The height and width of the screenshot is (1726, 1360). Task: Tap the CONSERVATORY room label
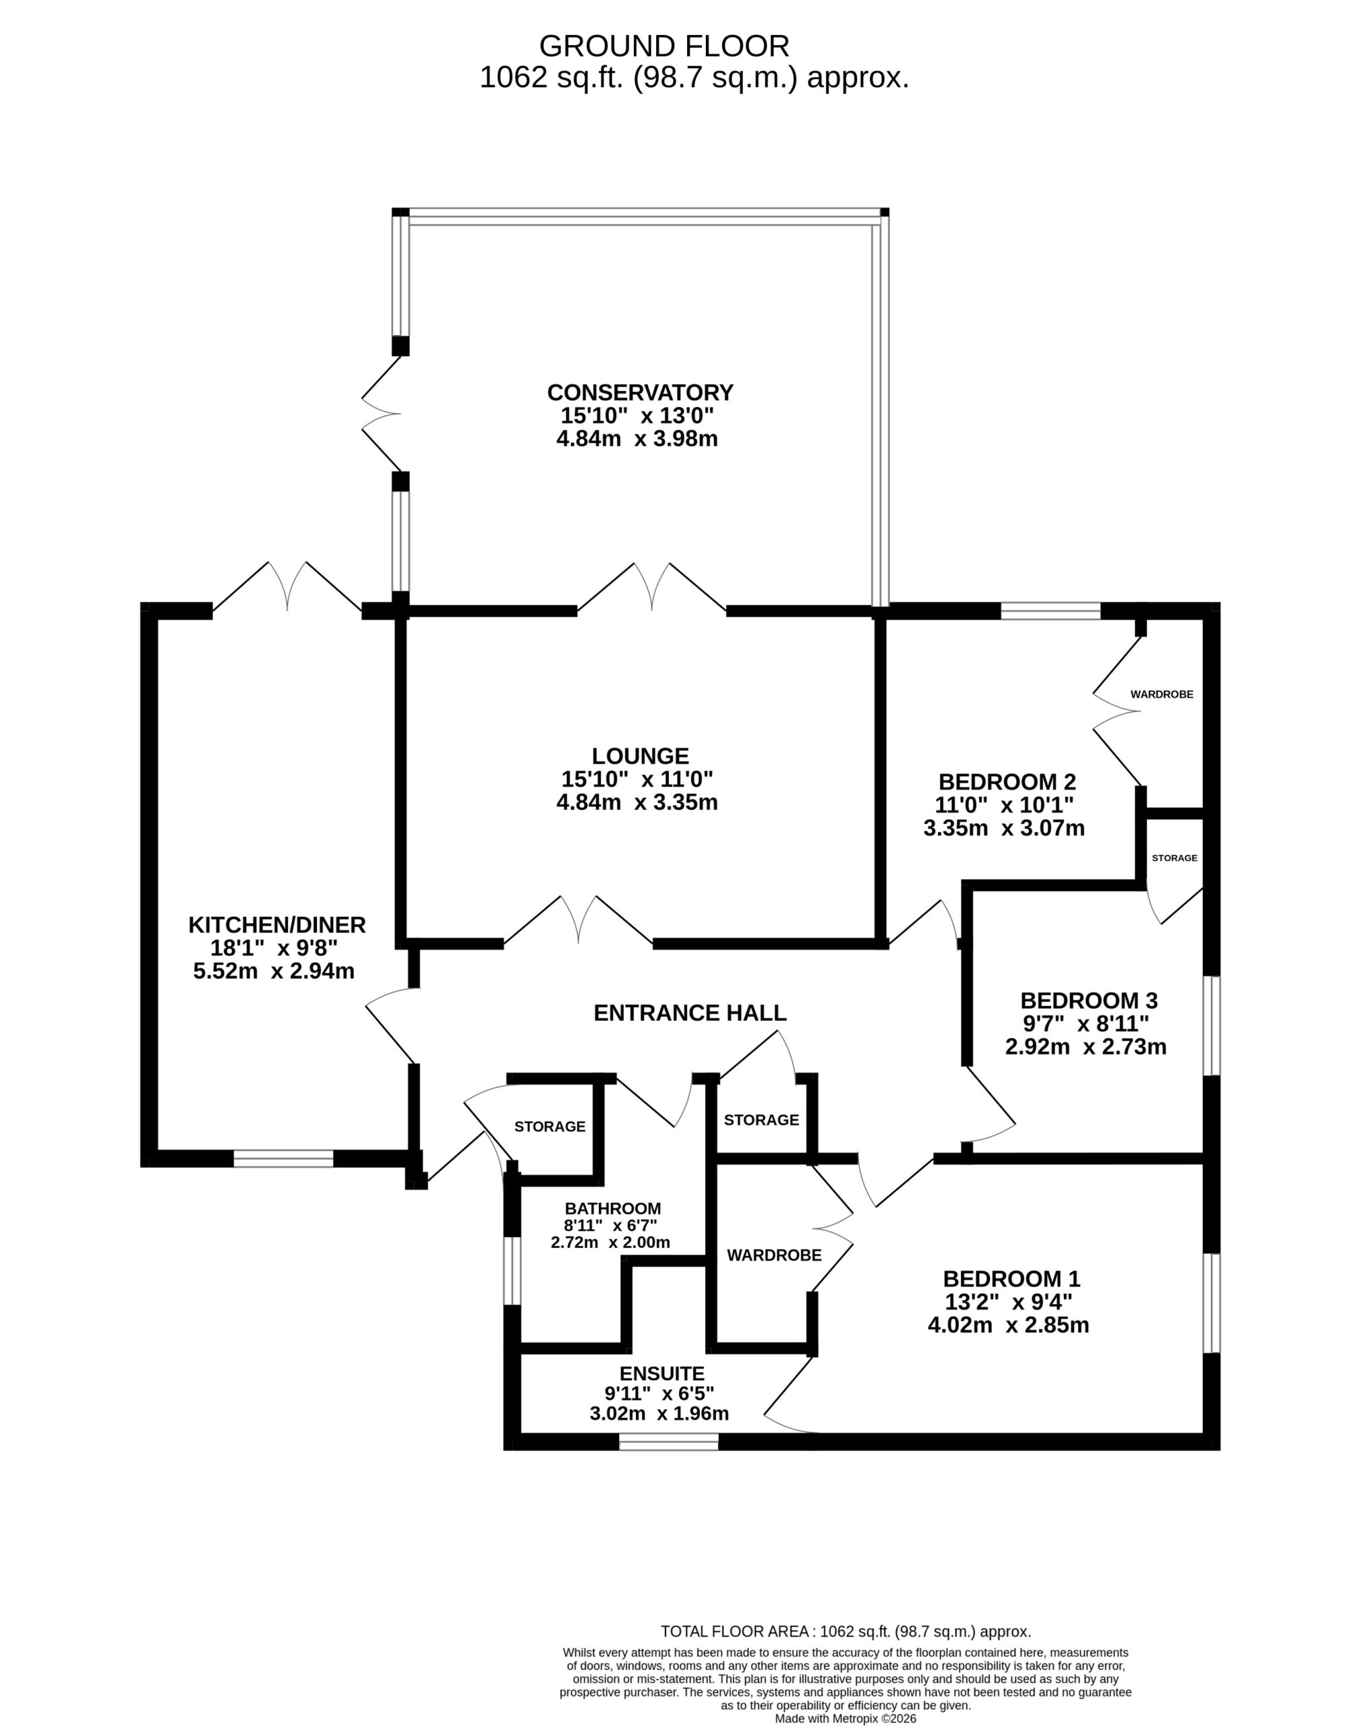point(639,392)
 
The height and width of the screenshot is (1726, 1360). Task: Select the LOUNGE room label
point(640,756)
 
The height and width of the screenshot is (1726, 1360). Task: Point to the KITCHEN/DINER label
point(276,925)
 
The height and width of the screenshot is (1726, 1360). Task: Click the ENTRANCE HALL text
point(690,1013)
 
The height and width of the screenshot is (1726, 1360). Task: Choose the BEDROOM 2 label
point(1007,781)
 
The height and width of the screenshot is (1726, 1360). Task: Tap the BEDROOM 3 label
point(1088,1000)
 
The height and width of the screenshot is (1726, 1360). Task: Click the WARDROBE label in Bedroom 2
point(1162,694)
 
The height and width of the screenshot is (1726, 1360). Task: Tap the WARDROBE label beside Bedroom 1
point(774,1255)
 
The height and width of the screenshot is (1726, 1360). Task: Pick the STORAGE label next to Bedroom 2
point(1175,858)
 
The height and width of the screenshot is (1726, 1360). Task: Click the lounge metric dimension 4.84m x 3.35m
point(637,802)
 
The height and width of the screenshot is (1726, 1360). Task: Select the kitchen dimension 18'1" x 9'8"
point(274,948)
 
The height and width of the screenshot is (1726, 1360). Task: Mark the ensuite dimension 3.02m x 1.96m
point(659,1413)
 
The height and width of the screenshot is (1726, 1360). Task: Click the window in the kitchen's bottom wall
point(283,1158)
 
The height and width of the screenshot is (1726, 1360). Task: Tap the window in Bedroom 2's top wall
point(1051,611)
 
